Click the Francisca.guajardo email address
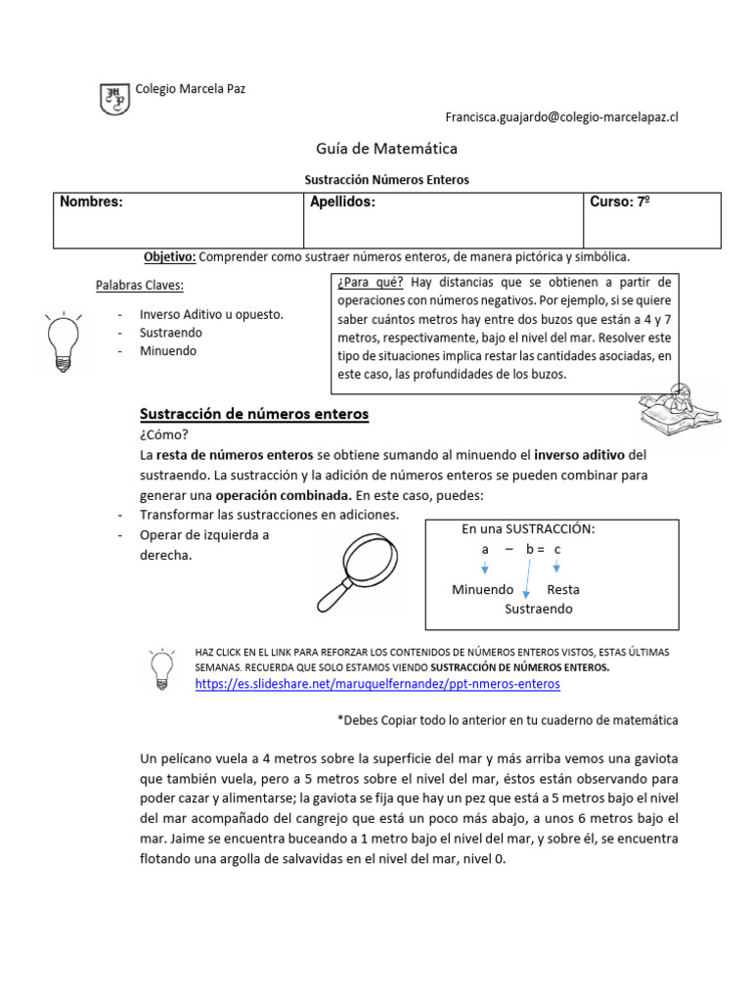[561, 116]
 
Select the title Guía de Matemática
[372, 149]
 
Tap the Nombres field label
[91, 203]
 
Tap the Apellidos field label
[342, 203]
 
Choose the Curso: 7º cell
[620, 203]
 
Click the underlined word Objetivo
[169, 256]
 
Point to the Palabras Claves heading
[139, 286]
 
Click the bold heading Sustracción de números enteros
[255, 414]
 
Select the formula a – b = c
[520, 549]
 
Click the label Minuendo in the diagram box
[482, 590]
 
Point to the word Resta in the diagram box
[563, 590]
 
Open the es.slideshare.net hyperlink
[377, 684]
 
